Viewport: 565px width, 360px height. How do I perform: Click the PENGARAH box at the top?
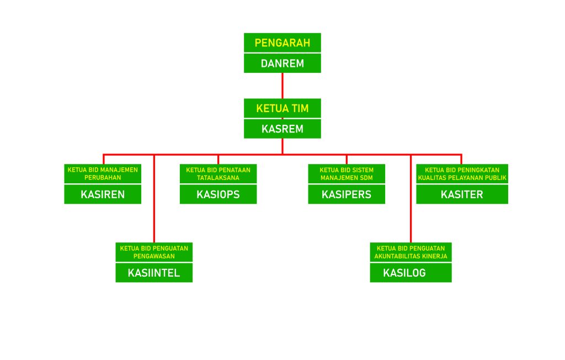pyautogui.click(x=282, y=43)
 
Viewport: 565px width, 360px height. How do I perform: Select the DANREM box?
pyautogui.click(x=282, y=63)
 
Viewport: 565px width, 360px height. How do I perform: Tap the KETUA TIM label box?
pyautogui.click(x=282, y=108)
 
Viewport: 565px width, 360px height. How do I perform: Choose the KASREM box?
pyautogui.click(x=282, y=129)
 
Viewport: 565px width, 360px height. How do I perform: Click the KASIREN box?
pyautogui.click(x=103, y=194)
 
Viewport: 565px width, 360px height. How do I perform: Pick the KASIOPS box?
pyautogui.click(x=218, y=194)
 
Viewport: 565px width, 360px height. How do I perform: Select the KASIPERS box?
pyautogui.click(x=347, y=194)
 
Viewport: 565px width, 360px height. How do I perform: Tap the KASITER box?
pyautogui.click(x=462, y=194)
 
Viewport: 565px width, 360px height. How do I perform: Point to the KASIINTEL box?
pyautogui.click(x=154, y=273)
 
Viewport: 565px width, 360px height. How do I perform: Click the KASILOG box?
pyautogui.click(x=411, y=273)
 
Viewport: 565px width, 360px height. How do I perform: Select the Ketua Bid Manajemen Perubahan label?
pyautogui.click(x=103, y=173)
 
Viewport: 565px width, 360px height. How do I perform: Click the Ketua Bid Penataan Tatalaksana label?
pyautogui.click(x=218, y=173)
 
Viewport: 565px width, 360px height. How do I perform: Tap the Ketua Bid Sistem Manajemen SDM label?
pyautogui.click(x=347, y=173)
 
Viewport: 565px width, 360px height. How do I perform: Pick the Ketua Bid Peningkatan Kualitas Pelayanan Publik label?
pyautogui.click(x=462, y=173)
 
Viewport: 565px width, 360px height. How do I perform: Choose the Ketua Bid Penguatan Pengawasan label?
pyautogui.click(x=154, y=252)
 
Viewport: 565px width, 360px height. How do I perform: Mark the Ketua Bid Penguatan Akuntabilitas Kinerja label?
pyautogui.click(x=411, y=252)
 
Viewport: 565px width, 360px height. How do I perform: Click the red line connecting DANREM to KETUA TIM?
pyautogui.click(x=282, y=86)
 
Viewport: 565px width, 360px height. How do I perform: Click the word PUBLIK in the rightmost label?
pyautogui.click(x=496, y=178)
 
